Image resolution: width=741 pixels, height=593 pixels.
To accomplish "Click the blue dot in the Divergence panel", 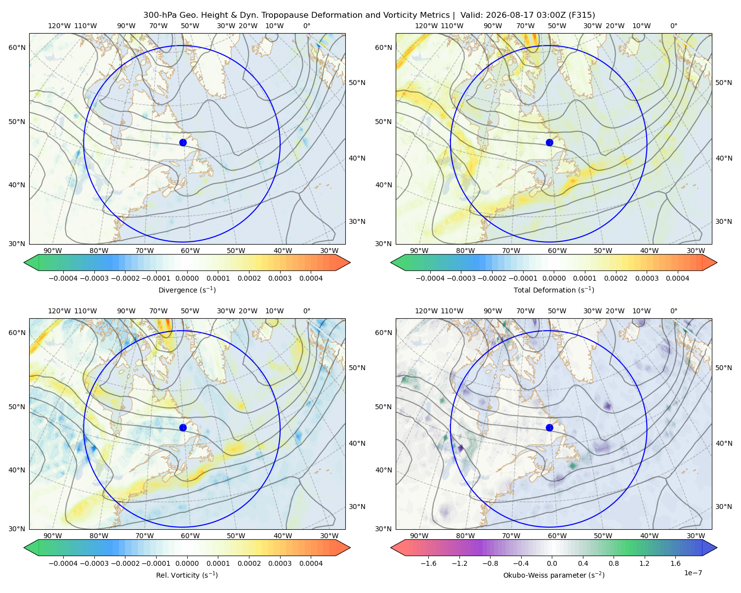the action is click(x=183, y=142).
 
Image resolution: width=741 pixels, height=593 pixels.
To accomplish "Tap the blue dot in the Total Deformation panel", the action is click(x=549, y=142).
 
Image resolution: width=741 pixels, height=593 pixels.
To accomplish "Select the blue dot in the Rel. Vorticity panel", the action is click(x=183, y=427).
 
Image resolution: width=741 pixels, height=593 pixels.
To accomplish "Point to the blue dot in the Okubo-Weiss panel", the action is click(x=549, y=427).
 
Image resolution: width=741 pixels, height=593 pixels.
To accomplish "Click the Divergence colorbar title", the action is click(x=187, y=290).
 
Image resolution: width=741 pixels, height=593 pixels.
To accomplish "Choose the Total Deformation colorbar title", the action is click(x=554, y=290).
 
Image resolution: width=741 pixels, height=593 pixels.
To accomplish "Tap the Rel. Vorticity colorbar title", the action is click(x=187, y=575).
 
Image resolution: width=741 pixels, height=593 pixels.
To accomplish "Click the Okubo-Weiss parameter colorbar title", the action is click(x=554, y=575).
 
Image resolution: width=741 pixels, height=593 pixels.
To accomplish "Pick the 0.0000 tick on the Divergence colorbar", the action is click(x=187, y=278).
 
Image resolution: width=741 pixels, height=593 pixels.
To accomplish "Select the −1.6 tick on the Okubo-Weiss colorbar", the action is click(x=428, y=563).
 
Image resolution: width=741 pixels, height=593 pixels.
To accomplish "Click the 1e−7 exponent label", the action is click(x=693, y=573).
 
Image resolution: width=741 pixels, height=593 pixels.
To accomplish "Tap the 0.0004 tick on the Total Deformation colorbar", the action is click(x=678, y=278).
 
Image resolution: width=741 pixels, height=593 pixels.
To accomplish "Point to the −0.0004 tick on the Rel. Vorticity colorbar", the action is click(x=63, y=563).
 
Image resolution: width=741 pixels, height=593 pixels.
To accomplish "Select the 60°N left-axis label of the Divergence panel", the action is click(x=17, y=47).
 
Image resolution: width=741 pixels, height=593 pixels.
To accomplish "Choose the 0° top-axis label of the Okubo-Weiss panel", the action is click(x=673, y=311).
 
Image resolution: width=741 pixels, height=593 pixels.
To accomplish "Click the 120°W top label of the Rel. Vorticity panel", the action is click(x=59, y=311).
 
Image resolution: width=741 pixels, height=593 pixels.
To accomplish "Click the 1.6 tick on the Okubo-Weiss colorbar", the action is click(x=676, y=563).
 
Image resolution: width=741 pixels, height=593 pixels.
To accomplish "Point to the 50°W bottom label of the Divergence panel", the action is click(x=236, y=251).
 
